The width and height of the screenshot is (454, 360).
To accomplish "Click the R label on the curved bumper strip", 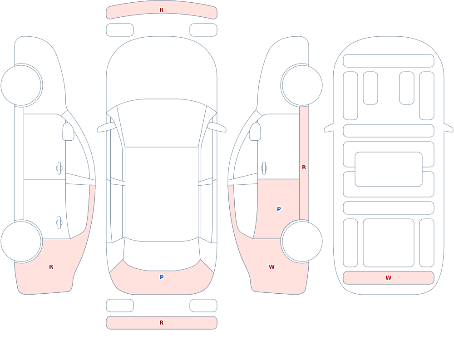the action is click(162, 10).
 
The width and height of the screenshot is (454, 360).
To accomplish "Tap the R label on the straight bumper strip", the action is click(162, 323).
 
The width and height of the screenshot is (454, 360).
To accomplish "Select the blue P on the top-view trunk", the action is click(162, 277).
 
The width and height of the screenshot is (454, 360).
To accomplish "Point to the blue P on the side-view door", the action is click(279, 209).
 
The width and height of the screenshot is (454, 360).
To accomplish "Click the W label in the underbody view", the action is click(388, 278).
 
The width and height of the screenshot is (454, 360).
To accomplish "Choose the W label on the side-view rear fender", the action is click(271, 267).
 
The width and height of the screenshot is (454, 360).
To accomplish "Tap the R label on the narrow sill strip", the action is click(304, 168).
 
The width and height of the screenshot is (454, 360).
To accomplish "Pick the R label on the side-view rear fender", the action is click(51, 267).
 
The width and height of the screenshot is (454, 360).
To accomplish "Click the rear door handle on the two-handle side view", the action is click(59, 223).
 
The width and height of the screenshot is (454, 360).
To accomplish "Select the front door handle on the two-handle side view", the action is click(59, 168).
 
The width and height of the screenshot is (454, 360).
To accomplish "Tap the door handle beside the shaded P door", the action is click(264, 168).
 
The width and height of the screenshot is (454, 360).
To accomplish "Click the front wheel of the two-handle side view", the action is click(21, 85).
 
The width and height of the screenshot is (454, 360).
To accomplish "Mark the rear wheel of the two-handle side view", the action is click(21, 242).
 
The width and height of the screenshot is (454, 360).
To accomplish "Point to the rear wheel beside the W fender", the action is click(302, 242).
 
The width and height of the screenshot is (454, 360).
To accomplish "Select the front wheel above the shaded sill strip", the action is click(302, 85).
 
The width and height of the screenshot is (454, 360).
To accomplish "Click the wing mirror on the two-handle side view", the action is click(68, 132).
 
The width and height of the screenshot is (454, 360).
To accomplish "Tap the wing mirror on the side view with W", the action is click(255, 132).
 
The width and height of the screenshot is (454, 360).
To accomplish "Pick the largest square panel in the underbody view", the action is click(389, 243).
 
